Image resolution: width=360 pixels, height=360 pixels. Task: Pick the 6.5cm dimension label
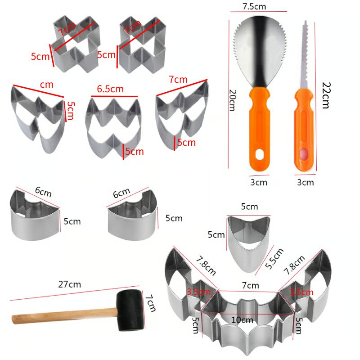110,89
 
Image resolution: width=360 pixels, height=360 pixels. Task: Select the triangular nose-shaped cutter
248,243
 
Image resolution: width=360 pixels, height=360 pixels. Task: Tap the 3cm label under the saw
306,182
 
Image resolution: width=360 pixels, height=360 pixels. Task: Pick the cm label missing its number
46,85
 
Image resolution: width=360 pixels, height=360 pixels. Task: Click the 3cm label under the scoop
259,182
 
